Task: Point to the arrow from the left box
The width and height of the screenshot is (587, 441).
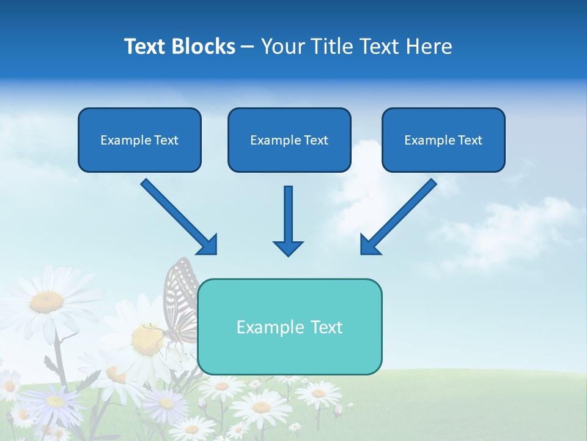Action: [178, 216]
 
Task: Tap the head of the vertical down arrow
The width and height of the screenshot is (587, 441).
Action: [288, 247]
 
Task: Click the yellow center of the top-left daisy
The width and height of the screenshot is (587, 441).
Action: [46, 301]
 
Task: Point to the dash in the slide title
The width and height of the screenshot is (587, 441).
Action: [248, 47]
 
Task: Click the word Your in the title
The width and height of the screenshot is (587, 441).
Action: [282, 47]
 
